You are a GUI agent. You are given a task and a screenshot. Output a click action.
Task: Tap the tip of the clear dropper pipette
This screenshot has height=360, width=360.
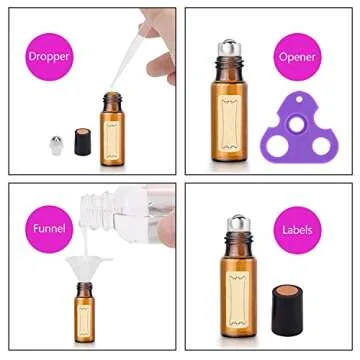point(103,92)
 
